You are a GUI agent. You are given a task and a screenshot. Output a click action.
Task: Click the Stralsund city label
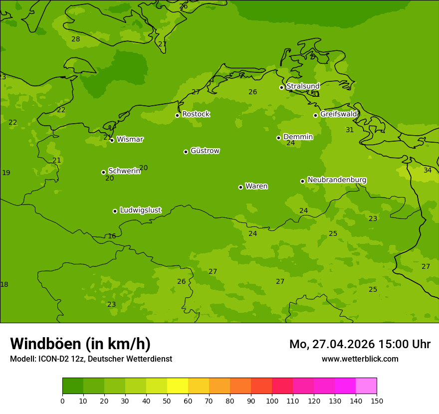(303, 86)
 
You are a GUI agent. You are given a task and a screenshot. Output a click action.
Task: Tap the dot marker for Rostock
(177, 115)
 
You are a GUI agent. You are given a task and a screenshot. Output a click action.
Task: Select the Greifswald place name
(339, 114)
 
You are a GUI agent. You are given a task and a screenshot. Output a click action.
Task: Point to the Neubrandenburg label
(337, 180)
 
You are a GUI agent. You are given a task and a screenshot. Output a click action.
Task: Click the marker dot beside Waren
(240, 187)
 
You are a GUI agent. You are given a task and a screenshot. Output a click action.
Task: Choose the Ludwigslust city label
(140, 210)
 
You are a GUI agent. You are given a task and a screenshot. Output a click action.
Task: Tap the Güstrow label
(205, 151)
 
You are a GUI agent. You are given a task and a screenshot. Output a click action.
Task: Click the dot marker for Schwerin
(103, 172)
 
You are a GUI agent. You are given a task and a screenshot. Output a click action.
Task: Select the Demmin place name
(298, 137)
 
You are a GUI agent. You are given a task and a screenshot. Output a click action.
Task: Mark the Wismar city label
(130, 140)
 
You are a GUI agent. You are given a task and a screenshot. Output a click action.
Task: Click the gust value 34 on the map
(428, 171)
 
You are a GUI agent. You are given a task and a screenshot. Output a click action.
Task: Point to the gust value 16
(112, 236)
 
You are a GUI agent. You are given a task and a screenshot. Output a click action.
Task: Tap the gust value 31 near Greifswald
(350, 130)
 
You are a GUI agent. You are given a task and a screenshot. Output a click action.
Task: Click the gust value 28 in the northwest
(75, 39)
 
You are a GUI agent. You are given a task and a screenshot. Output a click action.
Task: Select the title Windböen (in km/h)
(80, 344)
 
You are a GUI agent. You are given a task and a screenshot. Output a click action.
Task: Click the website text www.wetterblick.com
(360, 359)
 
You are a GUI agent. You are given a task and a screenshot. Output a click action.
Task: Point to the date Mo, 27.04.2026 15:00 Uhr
(360, 344)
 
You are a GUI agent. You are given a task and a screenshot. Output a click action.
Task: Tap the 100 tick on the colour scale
(272, 401)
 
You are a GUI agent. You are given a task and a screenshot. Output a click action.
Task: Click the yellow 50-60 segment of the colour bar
(178, 386)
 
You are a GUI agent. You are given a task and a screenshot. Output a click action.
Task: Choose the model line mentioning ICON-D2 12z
(91, 359)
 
